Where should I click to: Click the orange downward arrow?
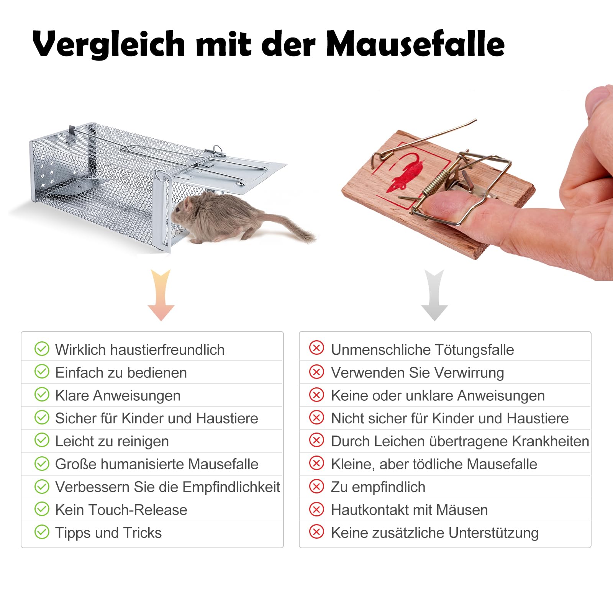point(161,295)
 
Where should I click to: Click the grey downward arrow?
point(434,295)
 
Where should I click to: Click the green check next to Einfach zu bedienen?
point(42,372)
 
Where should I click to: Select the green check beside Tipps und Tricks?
point(42,532)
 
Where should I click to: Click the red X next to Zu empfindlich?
point(316,487)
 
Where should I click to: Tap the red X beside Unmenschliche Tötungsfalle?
point(316,349)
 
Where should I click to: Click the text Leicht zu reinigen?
point(112,441)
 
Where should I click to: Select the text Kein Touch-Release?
point(121,510)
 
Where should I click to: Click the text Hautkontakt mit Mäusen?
point(410,510)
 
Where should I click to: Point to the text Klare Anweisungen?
point(118,396)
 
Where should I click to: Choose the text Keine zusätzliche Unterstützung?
point(435,533)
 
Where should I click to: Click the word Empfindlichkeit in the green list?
point(231,487)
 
